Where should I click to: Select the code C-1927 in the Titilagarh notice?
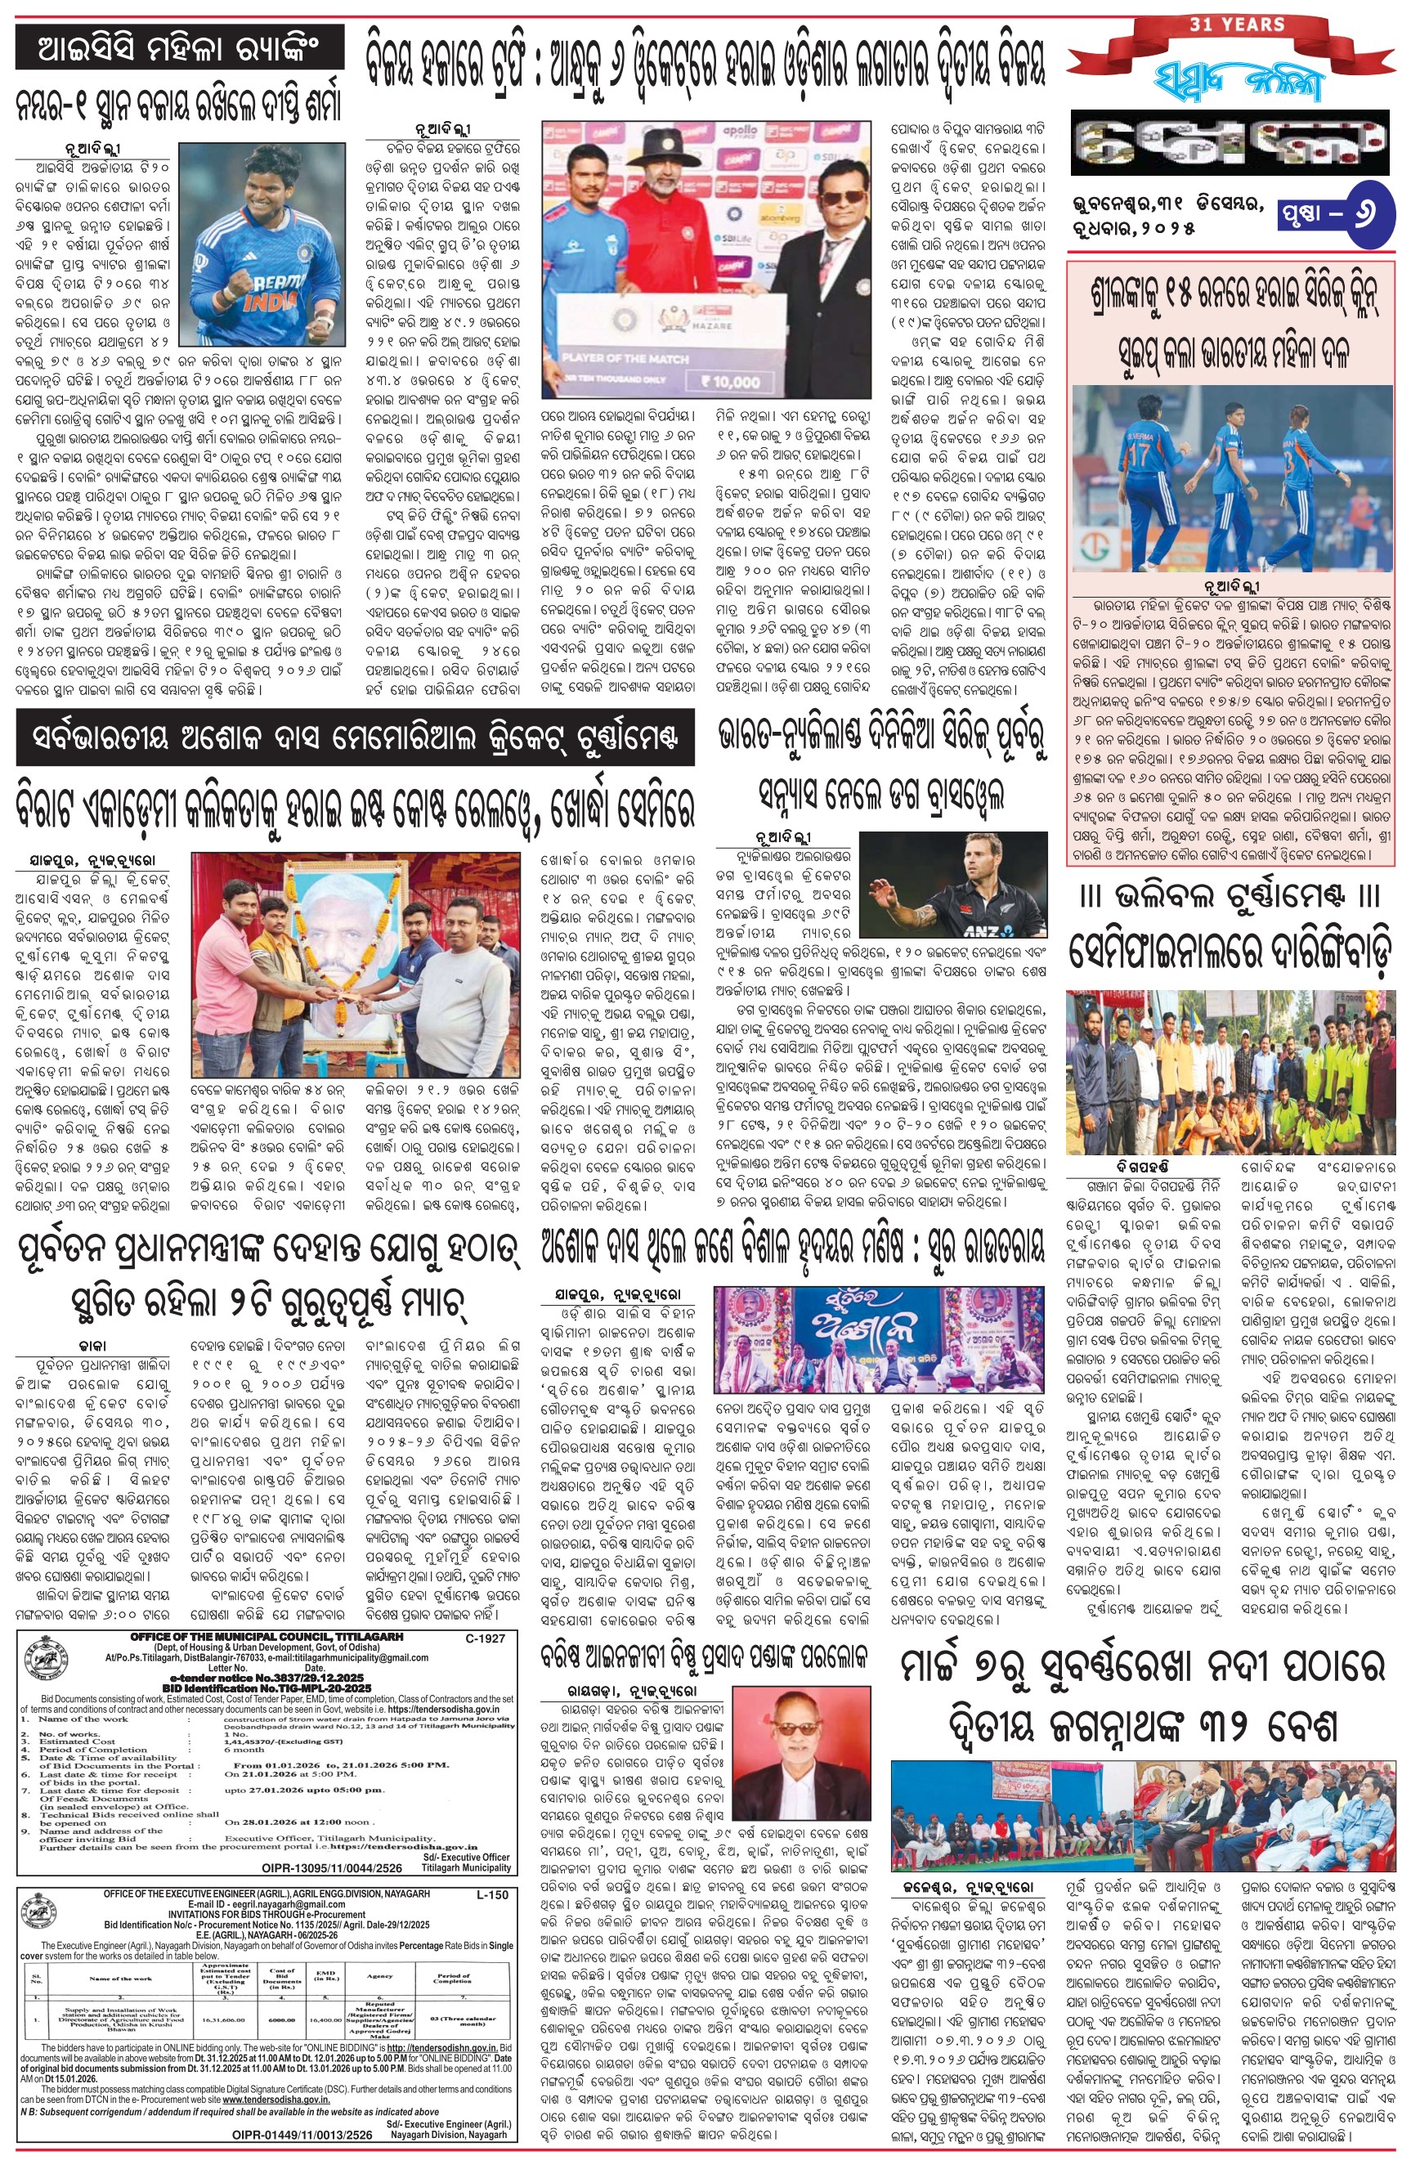484,1638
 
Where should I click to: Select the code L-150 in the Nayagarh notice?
492,1895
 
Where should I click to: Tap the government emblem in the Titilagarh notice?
47,1657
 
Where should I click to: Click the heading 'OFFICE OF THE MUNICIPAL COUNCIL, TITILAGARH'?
267,1638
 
